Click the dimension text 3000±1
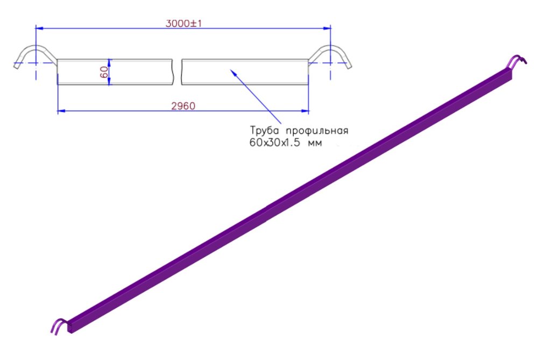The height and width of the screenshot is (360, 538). pyautogui.click(x=183, y=23)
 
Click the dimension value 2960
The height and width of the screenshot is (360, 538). pyautogui.click(x=183, y=106)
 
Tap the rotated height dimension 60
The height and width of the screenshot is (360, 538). pyautogui.click(x=104, y=72)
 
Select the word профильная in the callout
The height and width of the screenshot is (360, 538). pyautogui.click(x=317, y=131)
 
